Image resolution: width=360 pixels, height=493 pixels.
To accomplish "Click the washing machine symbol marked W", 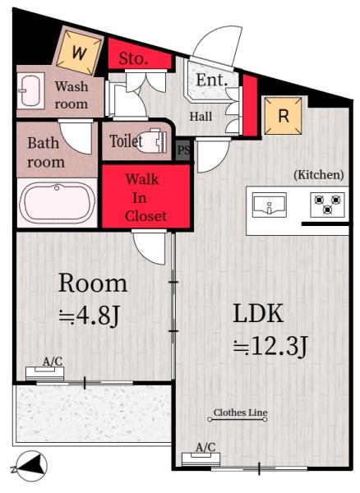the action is pos(79,52).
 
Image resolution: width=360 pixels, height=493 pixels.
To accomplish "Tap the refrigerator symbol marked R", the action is pos(284,116).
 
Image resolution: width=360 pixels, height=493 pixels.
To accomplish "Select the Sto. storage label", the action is pos(133,58).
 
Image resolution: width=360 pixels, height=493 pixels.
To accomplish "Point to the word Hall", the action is pos(201,117).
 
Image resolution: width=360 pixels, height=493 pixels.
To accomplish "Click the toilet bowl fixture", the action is pos(153,141).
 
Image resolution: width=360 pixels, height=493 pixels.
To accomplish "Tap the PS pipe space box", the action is pos(183,150).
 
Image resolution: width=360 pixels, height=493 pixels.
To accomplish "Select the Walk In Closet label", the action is pos(145,197).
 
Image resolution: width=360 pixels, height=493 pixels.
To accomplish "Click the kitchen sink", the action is pos(270,205).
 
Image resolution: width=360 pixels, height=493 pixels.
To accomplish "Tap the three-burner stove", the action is pos(327,205).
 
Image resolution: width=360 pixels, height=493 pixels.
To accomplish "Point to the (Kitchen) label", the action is pos(319,174).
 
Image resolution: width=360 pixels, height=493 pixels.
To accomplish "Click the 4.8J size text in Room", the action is pos(90,316).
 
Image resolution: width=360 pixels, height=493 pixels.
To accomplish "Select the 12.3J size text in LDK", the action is pos(270,347).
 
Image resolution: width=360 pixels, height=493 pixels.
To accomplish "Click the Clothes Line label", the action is pos(241,412).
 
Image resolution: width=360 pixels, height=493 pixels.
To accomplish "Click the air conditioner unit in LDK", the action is pos(201,459).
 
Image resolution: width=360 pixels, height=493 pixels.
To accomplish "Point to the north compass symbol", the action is pos(30,466).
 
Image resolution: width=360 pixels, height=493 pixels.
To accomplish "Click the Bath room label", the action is pos(46,153).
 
